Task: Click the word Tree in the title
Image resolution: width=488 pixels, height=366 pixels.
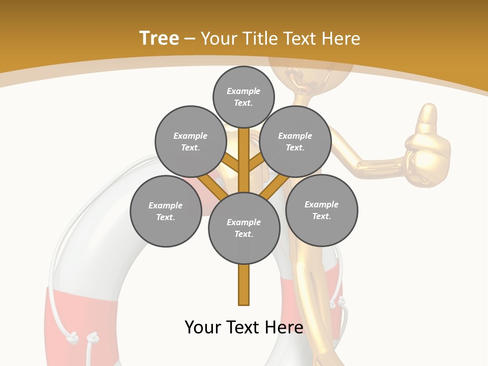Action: pyautogui.click(x=159, y=38)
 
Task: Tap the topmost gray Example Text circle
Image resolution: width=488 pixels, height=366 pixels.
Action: pyautogui.click(x=243, y=97)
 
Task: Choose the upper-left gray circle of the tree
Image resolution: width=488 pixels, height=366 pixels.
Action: pyautogui.click(x=191, y=141)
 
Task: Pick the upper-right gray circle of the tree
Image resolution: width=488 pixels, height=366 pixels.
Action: pyautogui.click(x=295, y=141)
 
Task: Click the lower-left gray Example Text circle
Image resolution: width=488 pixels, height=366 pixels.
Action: pyautogui.click(x=166, y=211)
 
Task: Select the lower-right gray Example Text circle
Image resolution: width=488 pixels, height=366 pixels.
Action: pyautogui.click(x=322, y=210)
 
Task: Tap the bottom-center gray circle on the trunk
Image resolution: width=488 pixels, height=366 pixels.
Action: pyautogui.click(x=244, y=228)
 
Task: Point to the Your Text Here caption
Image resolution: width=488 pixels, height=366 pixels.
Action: pyautogui.click(x=244, y=327)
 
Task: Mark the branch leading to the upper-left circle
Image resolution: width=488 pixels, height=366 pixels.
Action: pyautogui.click(x=231, y=164)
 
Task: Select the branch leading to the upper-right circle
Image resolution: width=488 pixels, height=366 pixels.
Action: pyautogui.click(x=256, y=164)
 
